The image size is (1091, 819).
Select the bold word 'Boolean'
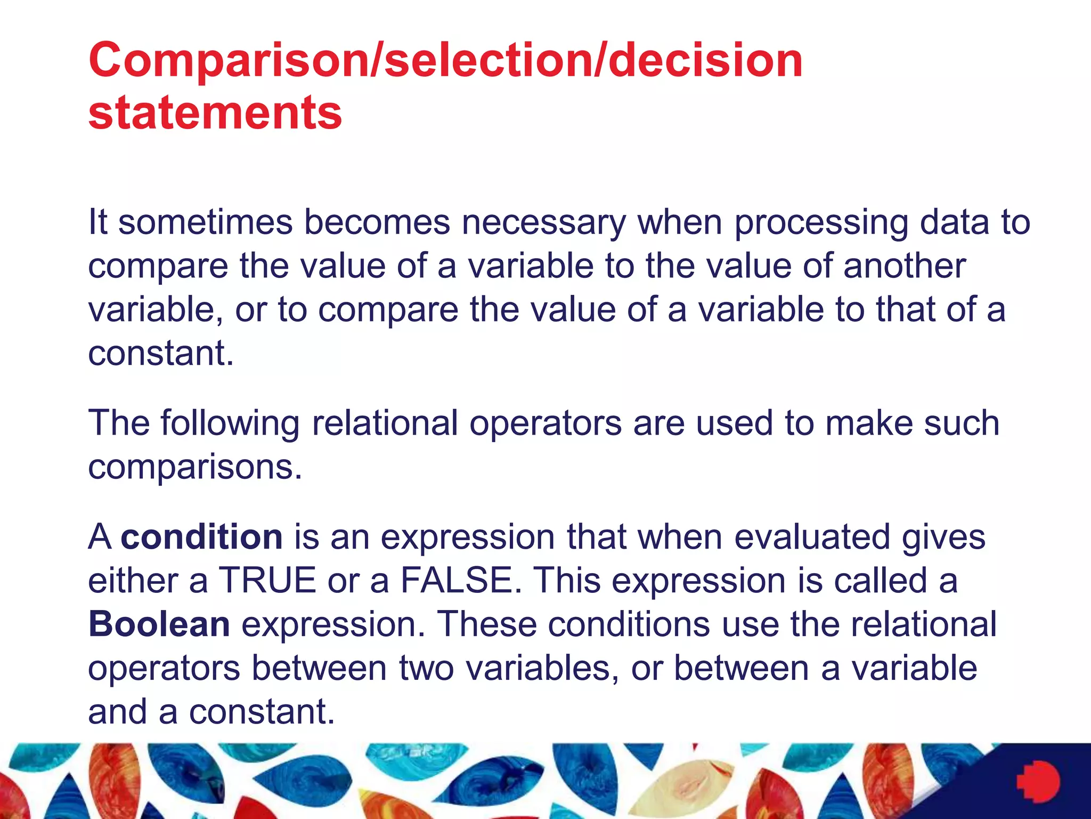(159, 624)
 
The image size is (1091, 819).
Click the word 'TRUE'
(268, 580)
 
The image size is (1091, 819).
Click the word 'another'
(904, 266)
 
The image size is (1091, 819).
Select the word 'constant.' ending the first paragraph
(161, 353)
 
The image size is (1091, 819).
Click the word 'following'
(230, 423)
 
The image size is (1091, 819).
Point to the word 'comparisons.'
(195, 467)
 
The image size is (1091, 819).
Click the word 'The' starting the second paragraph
(118, 423)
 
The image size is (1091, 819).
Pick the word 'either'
(133, 580)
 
